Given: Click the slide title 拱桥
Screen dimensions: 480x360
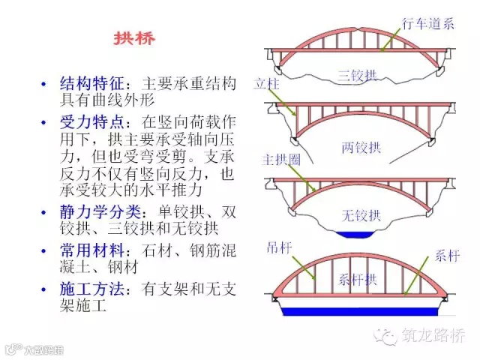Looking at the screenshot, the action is click(x=134, y=38).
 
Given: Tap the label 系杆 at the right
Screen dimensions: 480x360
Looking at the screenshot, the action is click(x=445, y=253).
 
